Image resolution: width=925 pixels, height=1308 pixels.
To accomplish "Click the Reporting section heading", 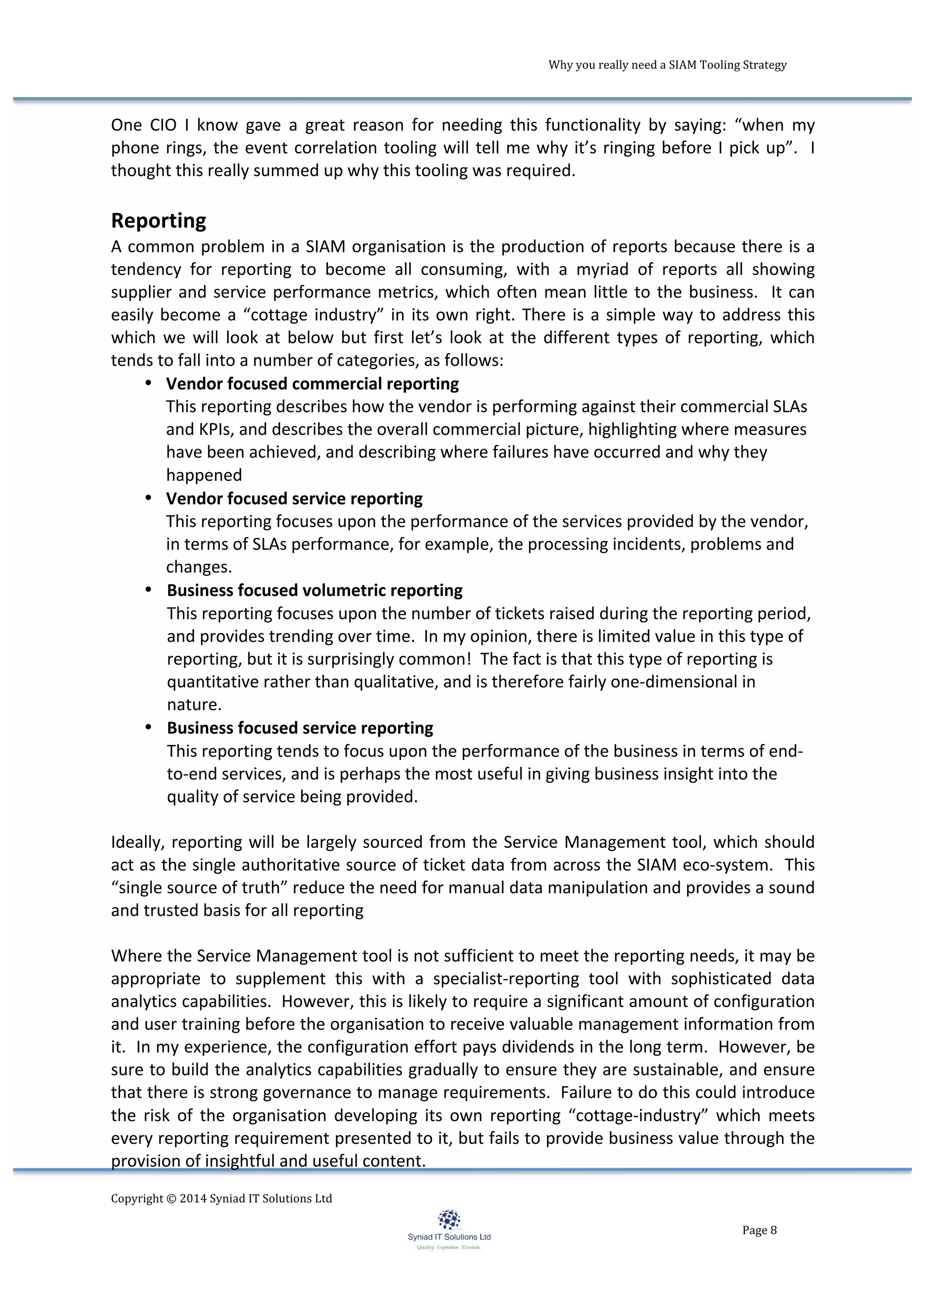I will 159,220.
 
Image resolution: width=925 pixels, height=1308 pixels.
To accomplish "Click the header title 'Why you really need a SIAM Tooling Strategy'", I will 667,65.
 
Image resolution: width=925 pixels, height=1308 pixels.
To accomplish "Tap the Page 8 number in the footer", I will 759,1230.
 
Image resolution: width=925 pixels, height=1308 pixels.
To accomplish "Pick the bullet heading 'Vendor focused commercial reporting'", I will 312,384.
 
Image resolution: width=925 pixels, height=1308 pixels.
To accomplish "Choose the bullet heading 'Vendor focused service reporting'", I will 294,499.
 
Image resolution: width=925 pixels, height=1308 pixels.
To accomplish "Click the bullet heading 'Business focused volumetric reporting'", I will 314,590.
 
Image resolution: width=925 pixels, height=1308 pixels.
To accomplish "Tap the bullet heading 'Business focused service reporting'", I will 299,728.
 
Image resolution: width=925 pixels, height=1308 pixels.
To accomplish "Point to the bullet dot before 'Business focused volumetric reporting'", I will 148,589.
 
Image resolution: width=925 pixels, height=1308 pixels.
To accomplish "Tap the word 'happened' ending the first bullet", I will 204,475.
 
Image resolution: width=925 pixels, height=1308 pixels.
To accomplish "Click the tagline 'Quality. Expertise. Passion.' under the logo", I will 449,1247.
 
